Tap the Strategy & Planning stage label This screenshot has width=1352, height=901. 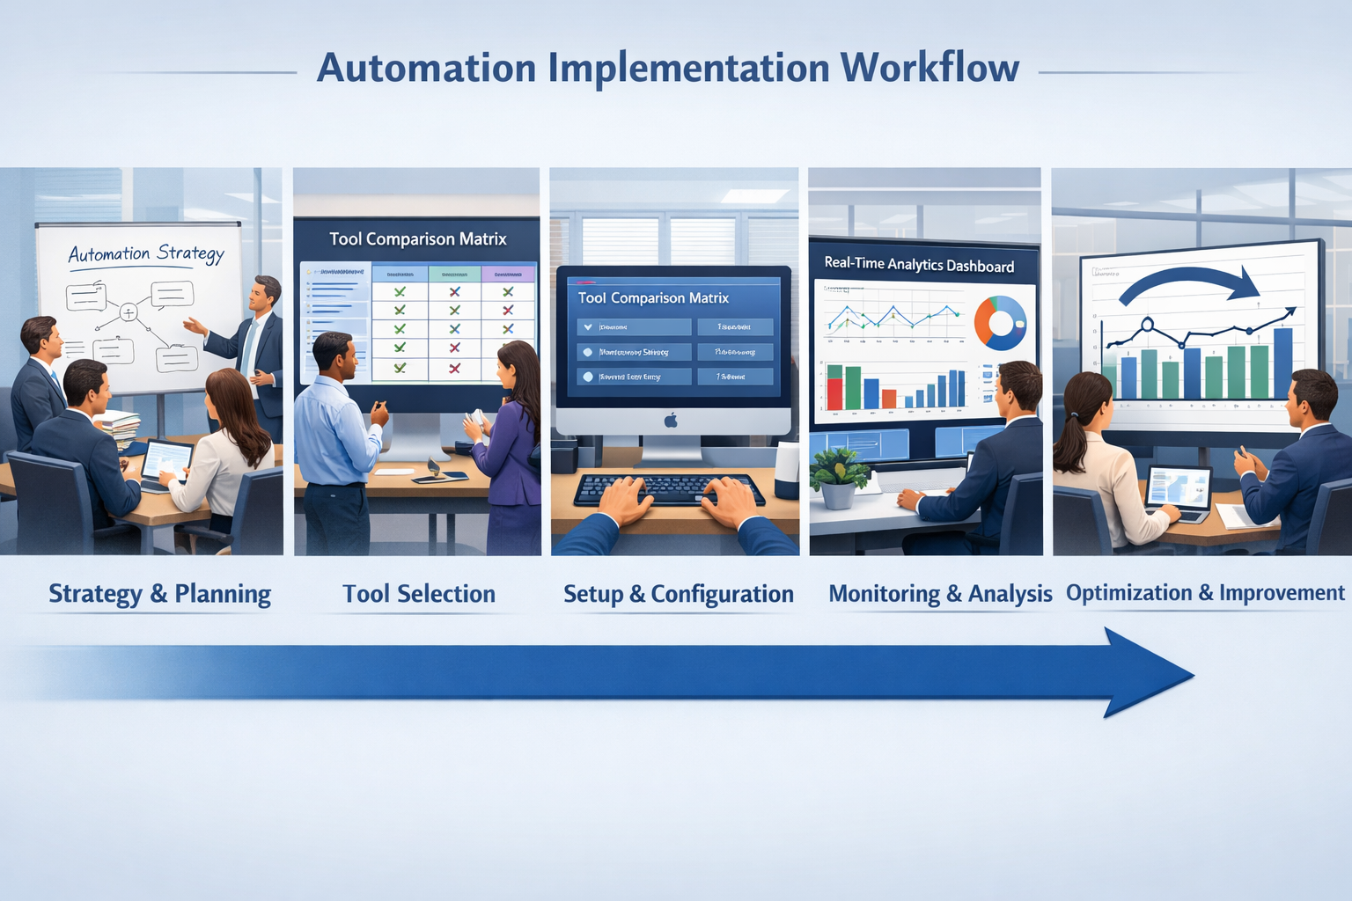[159, 594]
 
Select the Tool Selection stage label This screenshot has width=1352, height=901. [419, 594]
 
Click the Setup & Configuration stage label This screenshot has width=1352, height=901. [678, 594]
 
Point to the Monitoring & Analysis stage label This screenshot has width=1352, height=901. [939, 594]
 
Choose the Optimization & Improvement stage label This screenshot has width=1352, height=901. [1204, 593]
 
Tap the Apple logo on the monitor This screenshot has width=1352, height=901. [671, 421]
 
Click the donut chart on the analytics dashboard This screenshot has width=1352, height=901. [1000, 323]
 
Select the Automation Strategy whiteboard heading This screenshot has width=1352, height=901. [146, 254]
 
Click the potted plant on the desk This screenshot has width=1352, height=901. [838, 475]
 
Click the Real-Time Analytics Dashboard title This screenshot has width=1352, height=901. [918, 264]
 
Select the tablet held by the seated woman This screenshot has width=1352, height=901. [166, 463]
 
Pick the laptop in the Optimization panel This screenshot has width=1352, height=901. [1178, 493]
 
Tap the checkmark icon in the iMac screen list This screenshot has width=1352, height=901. [588, 327]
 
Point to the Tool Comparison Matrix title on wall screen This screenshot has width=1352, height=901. [417, 238]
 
